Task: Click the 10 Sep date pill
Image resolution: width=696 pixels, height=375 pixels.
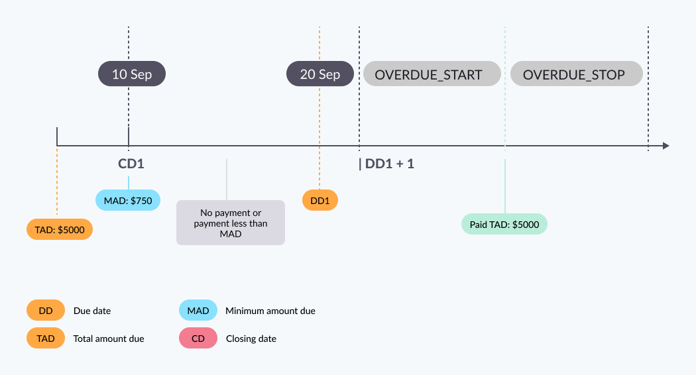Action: (132, 74)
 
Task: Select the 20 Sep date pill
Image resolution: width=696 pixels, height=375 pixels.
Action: (320, 74)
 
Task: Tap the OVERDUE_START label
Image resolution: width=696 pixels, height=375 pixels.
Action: (432, 74)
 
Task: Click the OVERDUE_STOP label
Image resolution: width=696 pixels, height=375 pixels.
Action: (576, 74)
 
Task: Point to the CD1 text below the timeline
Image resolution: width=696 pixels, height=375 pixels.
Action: (131, 164)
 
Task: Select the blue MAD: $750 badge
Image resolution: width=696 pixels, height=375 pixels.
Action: (128, 200)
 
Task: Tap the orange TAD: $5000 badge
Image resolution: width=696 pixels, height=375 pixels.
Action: (60, 229)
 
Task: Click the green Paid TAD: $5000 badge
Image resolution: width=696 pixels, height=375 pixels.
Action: (504, 224)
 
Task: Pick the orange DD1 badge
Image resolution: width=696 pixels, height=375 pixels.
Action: (320, 200)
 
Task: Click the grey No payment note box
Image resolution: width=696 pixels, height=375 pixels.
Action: (231, 223)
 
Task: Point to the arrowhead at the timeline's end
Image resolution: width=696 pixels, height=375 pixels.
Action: (665, 146)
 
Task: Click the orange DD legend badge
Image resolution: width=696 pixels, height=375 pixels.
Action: (46, 310)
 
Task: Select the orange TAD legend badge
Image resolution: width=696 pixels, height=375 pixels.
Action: (46, 338)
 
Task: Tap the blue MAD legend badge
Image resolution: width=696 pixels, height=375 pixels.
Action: (198, 310)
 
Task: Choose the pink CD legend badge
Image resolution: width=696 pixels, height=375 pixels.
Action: (198, 338)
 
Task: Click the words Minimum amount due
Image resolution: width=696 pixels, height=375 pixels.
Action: (270, 311)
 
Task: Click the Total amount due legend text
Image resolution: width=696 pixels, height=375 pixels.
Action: (109, 339)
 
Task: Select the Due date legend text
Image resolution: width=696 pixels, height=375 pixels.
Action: (92, 311)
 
